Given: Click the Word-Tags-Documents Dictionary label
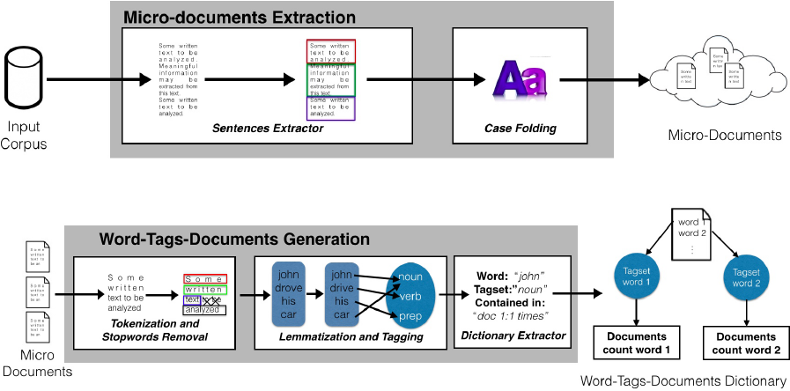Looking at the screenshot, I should click(683, 381).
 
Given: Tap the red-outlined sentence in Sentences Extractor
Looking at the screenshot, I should click(331, 51).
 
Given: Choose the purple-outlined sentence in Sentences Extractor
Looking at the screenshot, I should click(331, 107).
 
